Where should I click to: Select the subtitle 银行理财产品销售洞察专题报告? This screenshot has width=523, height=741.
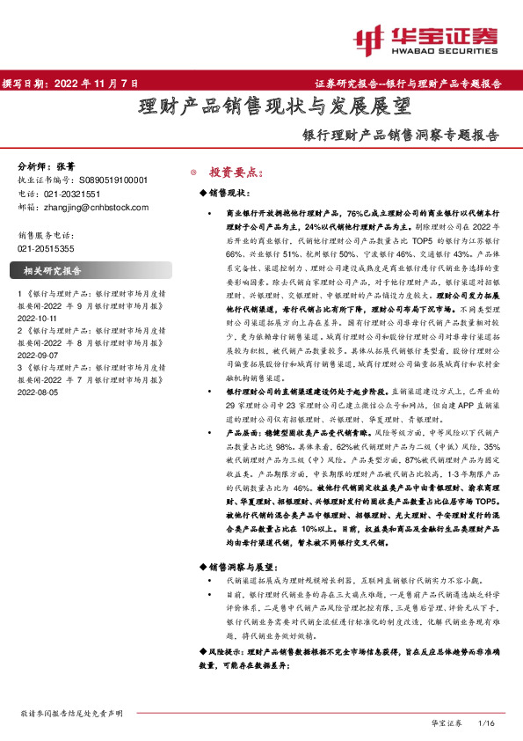click(400, 136)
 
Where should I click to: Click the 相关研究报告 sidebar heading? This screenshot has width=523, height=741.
click(52, 271)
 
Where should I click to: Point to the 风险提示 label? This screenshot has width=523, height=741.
click(222, 650)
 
